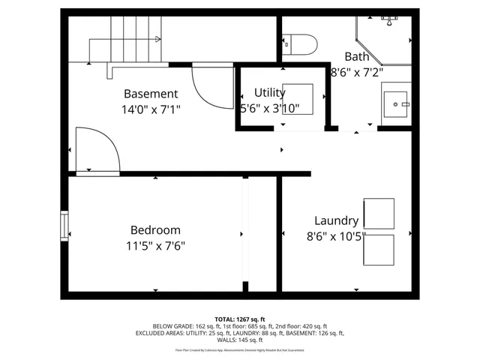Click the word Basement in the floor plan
click(x=151, y=94)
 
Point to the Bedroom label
click(x=155, y=230)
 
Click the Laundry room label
click(x=336, y=220)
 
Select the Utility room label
click(x=269, y=92)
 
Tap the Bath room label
click(x=357, y=56)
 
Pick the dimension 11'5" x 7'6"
click(x=155, y=246)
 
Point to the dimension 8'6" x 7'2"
click(x=357, y=72)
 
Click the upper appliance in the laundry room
click(x=379, y=214)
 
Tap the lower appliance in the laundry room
click(x=379, y=250)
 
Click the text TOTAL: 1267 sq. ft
click(x=239, y=319)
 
